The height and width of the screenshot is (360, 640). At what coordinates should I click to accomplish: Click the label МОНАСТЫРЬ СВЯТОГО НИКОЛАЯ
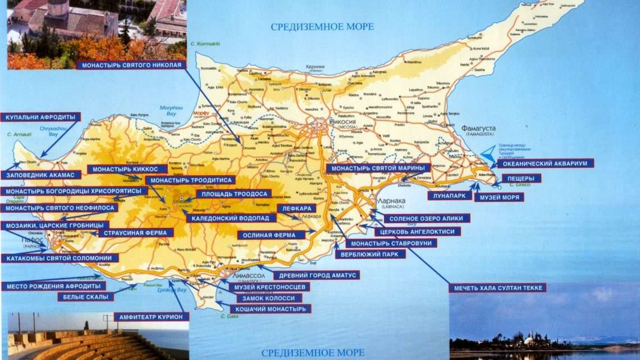tap(132, 65)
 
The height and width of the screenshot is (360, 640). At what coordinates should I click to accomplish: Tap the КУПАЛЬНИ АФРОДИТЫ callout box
tap(40, 117)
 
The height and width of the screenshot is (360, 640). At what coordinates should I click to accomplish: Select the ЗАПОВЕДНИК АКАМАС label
tap(40, 175)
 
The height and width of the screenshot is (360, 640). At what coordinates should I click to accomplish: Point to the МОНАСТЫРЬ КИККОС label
tap(127, 169)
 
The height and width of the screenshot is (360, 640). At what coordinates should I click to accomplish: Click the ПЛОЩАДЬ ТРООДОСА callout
tap(233, 194)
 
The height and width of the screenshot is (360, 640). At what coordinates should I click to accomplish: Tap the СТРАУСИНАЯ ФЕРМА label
tap(135, 233)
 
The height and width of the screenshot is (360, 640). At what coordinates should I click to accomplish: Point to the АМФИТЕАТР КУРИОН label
tap(152, 317)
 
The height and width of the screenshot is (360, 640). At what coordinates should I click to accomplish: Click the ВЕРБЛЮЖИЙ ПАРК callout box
tap(370, 254)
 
